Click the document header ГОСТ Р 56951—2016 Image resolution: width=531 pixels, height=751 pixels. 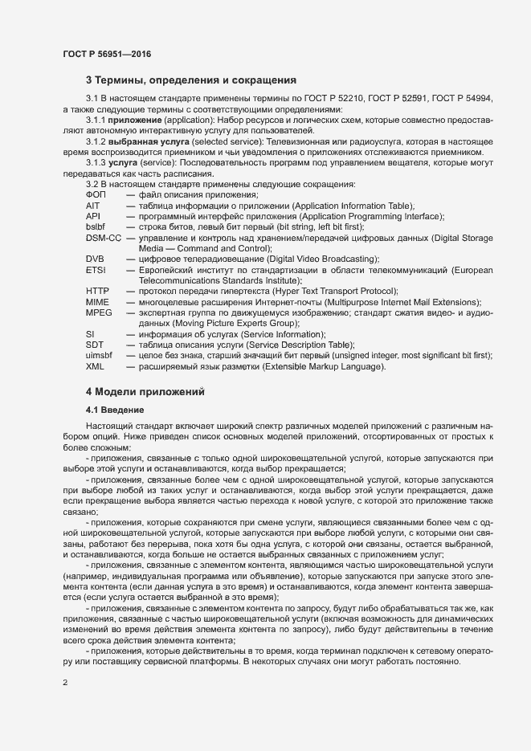[x=107, y=54]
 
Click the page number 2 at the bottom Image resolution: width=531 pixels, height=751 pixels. [x=65, y=684]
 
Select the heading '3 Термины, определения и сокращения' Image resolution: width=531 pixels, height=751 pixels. [x=191, y=80]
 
